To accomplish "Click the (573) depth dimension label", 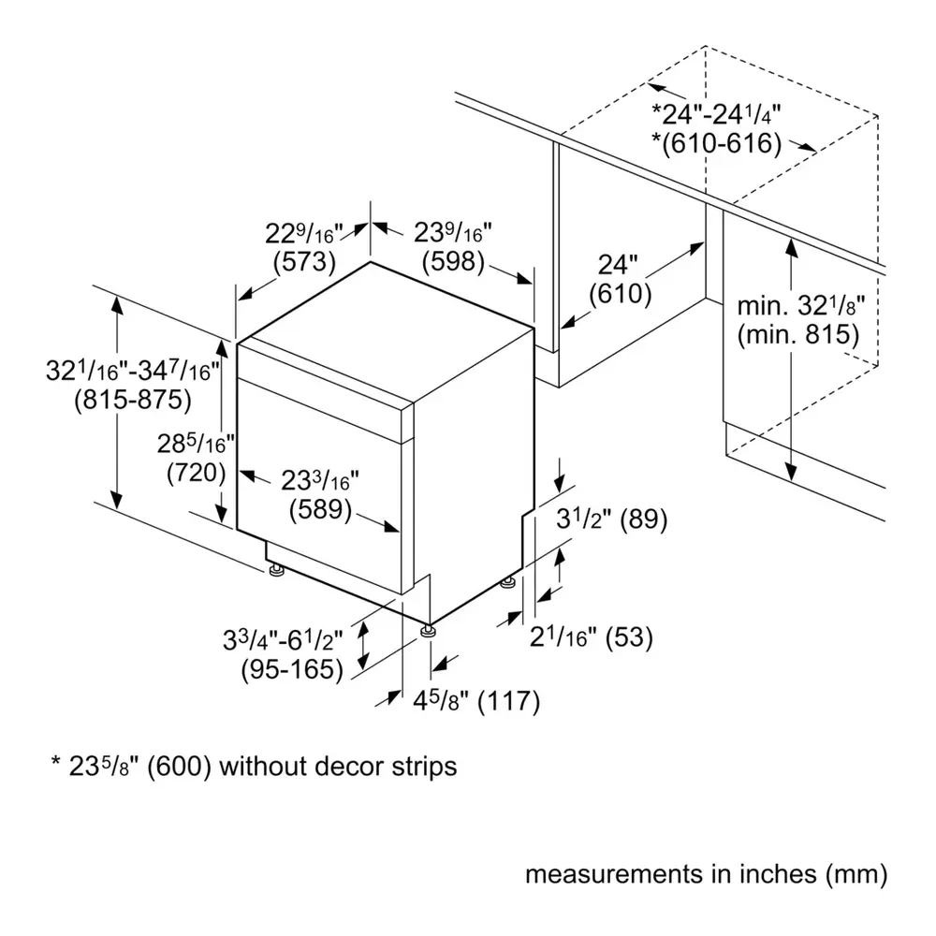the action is click(x=304, y=262).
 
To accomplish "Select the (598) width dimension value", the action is click(x=453, y=262).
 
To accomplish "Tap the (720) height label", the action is click(x=197, y=473).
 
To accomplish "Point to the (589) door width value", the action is click(x=320, y=509).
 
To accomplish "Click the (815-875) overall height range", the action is click(x=133, y=400).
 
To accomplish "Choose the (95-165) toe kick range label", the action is click(x=292, y=669).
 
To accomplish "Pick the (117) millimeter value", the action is click(x=509, y=701).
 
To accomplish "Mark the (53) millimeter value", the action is click(x=629, y=637).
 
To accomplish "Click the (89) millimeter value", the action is click(x=644, y=519).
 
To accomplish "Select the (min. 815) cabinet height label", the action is click(x=798, y=334).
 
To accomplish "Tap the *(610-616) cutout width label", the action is click(x=716, y=144).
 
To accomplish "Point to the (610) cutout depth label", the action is click(x=621, y=294).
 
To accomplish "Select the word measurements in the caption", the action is click(x=614, y=874).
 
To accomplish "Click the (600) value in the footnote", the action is click(x=180, y=767).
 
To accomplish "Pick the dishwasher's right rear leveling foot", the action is click(x=507, y=581).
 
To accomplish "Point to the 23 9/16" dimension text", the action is click(x=453, y=232).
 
